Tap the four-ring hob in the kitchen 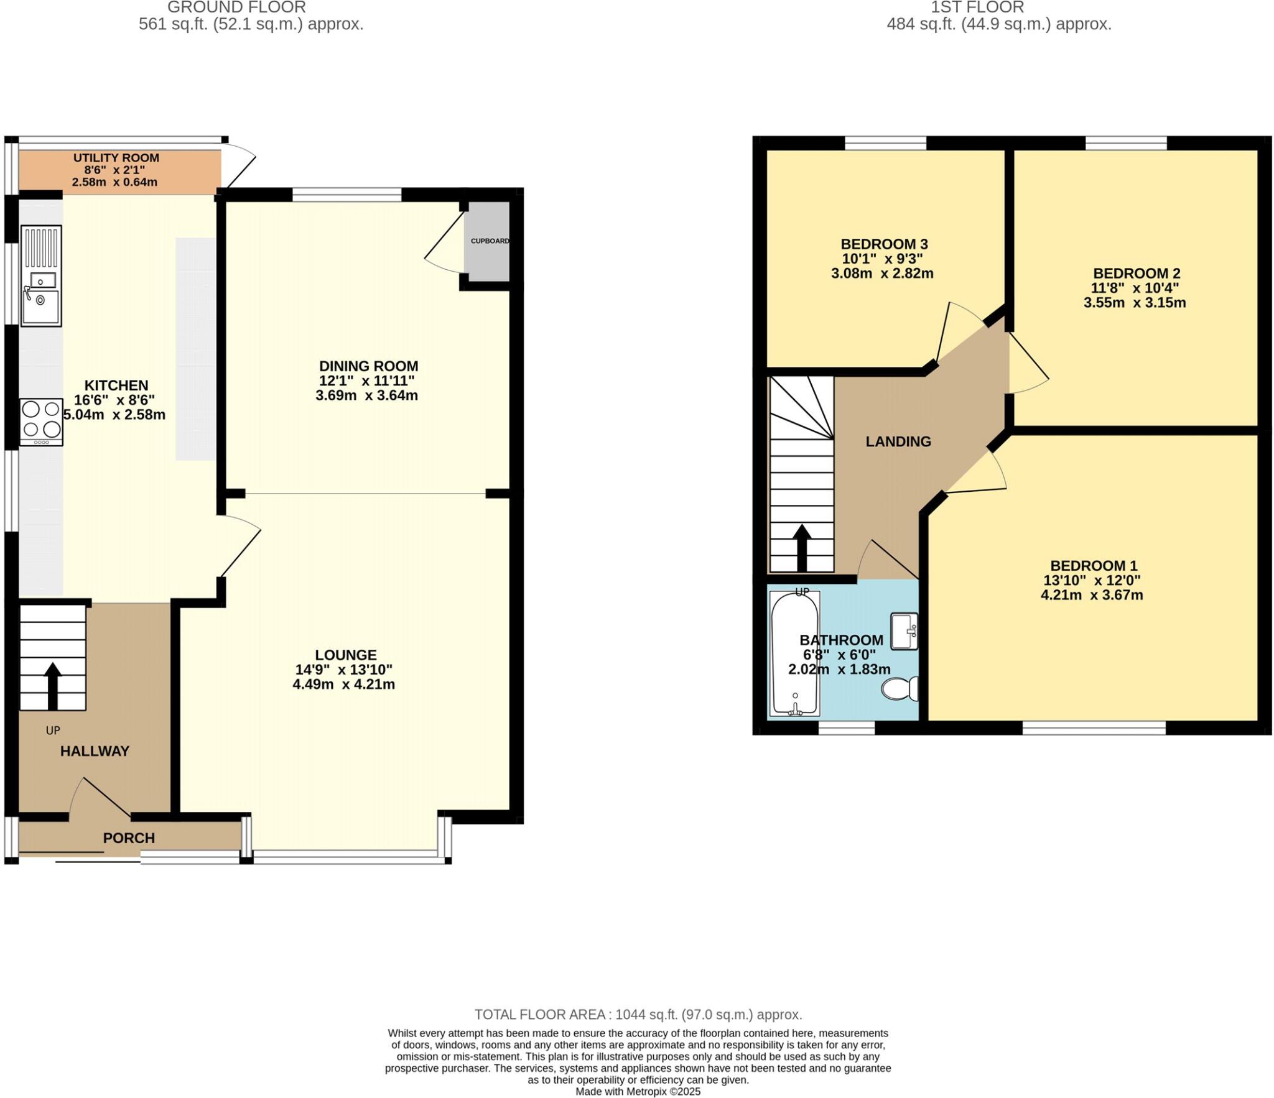tap(41, 420)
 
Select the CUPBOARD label tap(490, 241)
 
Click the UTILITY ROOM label tap(116, 158)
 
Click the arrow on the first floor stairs tap(801, 547)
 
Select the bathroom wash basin tap(904, 631)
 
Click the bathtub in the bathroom tap(794, 653)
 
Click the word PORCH tap(129, 837)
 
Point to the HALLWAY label tap(95, 751)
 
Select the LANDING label tap(898, 441)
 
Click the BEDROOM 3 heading tap(884, 244)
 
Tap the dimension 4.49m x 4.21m tap(343, 685)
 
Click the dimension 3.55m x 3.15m tap(1135, 303)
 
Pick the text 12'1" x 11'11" tap(366, 381)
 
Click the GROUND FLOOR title tap(236, 7)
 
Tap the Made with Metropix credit tap(638, 1092)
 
